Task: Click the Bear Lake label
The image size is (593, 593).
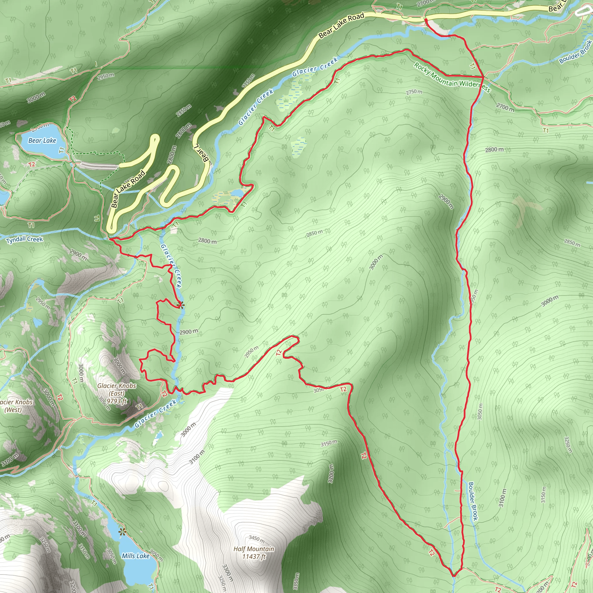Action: (42, 140)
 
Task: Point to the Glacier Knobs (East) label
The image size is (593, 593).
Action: (117, 389)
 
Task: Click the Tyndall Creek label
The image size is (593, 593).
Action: (25, 239)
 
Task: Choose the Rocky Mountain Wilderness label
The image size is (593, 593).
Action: (452, 77)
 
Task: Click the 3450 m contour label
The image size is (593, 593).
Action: (257, 539)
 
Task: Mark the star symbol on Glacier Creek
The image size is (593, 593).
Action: (180, 305)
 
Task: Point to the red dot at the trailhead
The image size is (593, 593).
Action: (426, 20)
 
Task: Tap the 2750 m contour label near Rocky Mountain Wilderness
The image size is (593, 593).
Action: (414, 92)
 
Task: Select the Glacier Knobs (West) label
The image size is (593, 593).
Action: (14, 406)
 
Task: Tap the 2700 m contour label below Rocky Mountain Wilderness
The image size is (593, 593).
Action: (505, 107)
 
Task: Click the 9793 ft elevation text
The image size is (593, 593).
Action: (117, 401)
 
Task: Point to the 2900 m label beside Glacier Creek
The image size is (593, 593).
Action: (188, 332)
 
